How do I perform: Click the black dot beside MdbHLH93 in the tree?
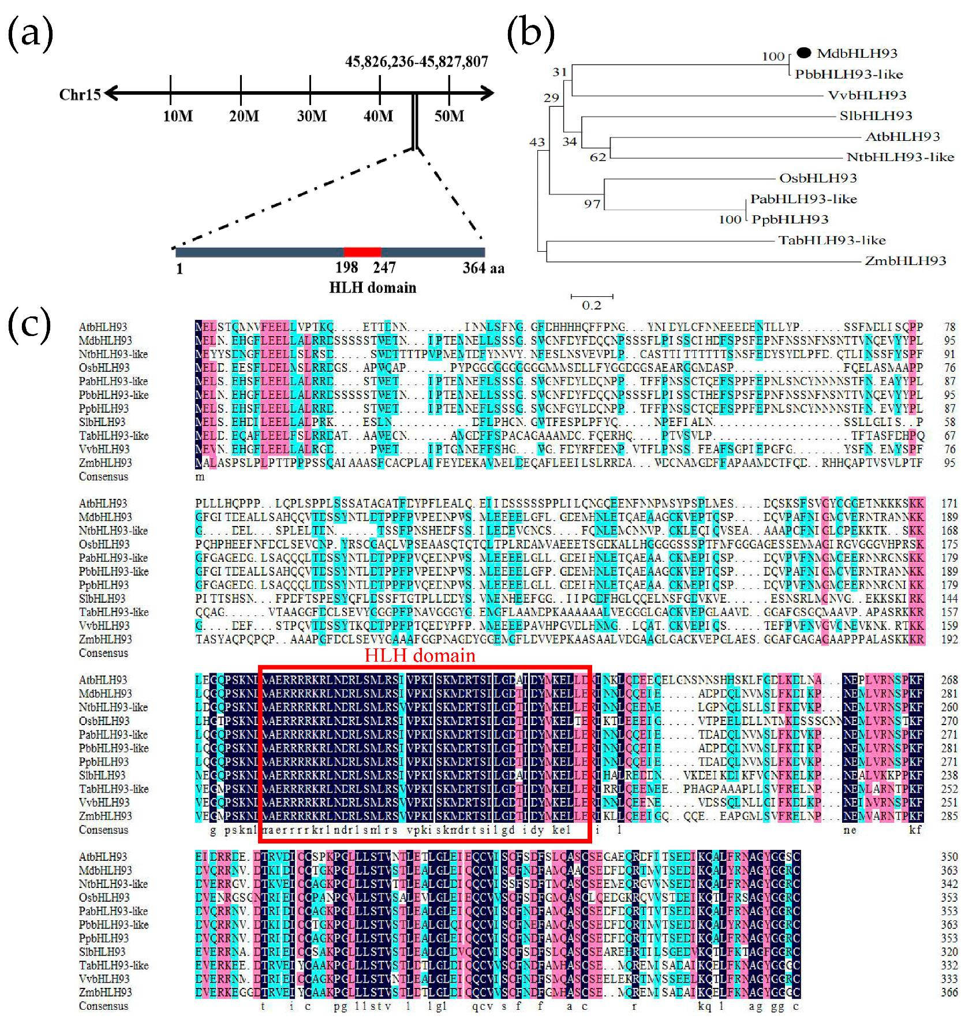click(803, 53)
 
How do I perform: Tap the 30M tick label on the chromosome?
click(312, 116)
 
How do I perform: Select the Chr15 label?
click(80, 94)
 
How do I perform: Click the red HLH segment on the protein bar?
click(362, 252)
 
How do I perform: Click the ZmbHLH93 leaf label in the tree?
click(905, 261)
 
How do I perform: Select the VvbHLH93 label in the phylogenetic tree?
click(867, 95)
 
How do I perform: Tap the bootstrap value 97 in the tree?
click(592, 204)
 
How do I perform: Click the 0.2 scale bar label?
click(592, 305)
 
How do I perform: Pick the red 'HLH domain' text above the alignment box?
click(420, 655)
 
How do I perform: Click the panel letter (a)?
click(30, 33)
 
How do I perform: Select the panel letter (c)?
click(29, 324)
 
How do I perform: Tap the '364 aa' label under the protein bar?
click(483, 268)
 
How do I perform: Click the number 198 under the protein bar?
click(346, 267)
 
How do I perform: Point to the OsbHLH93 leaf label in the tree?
click(818, 178)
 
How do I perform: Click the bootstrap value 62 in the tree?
click(598, 157)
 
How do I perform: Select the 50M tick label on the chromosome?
click(449, 116)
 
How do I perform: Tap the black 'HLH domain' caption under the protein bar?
click(372, 288)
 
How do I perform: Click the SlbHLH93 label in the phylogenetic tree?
click(876, 116)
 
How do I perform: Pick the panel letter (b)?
click(530, 33)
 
